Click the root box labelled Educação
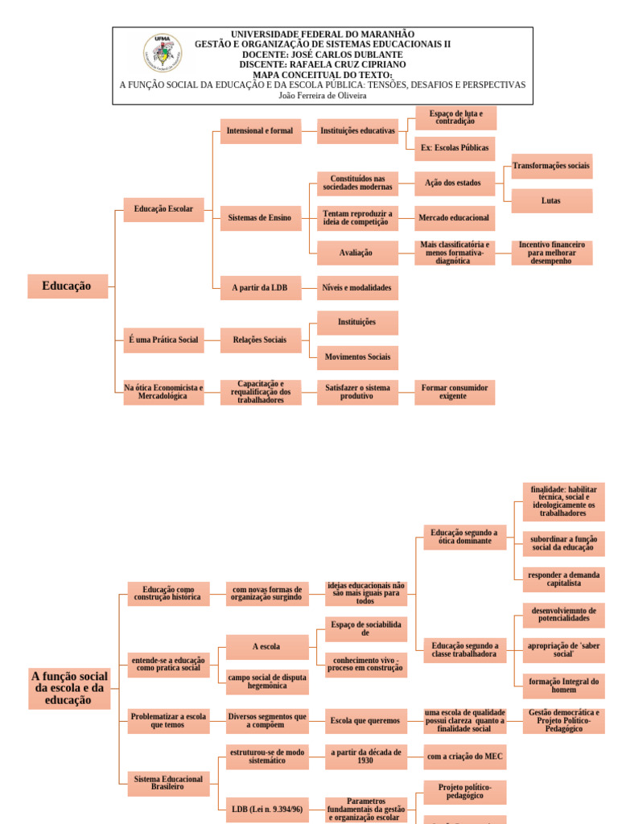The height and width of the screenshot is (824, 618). [68, 286]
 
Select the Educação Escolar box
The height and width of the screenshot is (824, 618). [163, 209]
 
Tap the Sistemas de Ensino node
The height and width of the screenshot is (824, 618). [260, 217]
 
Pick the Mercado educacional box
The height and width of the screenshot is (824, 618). [455, 217]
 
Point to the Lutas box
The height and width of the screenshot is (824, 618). [551, 200]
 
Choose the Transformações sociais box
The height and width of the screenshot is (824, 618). [551, 166]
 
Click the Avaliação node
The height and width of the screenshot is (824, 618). [357, 253]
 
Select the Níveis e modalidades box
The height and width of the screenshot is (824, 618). [357, 287]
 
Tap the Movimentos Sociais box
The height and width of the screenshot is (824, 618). [357, 356]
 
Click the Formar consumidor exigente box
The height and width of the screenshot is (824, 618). [455, 392]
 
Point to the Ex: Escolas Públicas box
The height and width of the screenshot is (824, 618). [455, 148]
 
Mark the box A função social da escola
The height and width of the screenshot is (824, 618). [69, 688]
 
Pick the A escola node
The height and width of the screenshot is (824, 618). [266, 646]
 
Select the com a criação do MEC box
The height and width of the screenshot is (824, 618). [465, 756]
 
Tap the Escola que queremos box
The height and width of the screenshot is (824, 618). [365, 720]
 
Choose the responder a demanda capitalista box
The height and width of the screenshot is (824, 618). [563, 579]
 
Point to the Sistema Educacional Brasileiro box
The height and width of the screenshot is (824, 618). [167, 782]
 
